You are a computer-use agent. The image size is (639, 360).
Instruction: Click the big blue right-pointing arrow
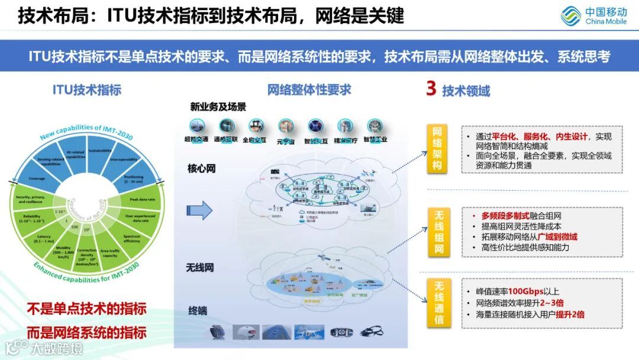(199, 210)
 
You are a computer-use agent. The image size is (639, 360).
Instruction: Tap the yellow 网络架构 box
(437, 149)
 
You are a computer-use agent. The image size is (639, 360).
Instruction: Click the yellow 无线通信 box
(437, 303)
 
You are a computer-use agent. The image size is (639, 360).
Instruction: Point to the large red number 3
(431, 89)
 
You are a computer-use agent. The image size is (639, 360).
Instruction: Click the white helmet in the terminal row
(246, 332)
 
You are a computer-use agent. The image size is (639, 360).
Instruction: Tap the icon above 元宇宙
(286, 126)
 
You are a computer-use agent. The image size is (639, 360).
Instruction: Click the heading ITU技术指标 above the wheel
(87, 90)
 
